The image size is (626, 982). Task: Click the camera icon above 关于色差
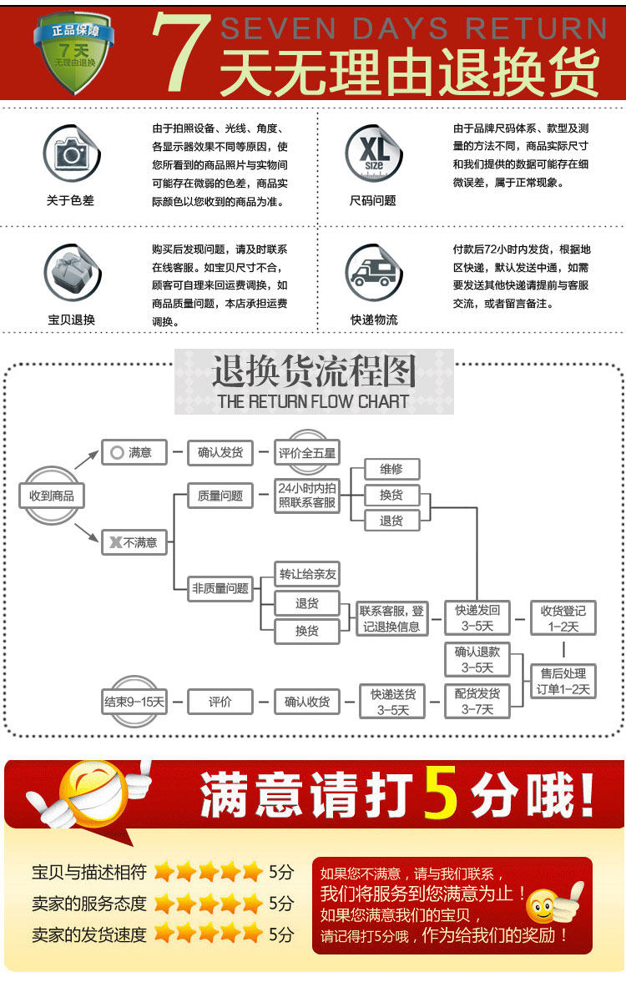coord(70,154)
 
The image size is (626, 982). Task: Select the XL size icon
coord(373,153)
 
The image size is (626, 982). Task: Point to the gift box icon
coord(70,272)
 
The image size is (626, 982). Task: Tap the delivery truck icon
coord(373,272)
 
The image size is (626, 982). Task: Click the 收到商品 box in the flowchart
coord(52,496)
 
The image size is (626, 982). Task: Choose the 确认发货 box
coord(220,453)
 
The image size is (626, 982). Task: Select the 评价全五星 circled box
coord(307,453)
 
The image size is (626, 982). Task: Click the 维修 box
coord(391,470)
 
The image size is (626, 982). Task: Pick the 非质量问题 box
coord(220,588)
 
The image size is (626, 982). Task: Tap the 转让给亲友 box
coord(307,574)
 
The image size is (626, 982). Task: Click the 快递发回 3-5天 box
coord(477,618)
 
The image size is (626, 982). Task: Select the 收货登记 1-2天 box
coord(563,618)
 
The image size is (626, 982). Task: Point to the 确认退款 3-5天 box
coord(477,659)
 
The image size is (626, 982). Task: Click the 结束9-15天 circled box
coord(134,702)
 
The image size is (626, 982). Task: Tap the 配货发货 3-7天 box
coord(477,701)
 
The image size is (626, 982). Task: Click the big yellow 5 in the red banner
coord(442,793)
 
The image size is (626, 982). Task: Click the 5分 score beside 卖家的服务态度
coord(281,904)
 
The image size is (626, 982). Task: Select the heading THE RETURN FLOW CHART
coord(313,401)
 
